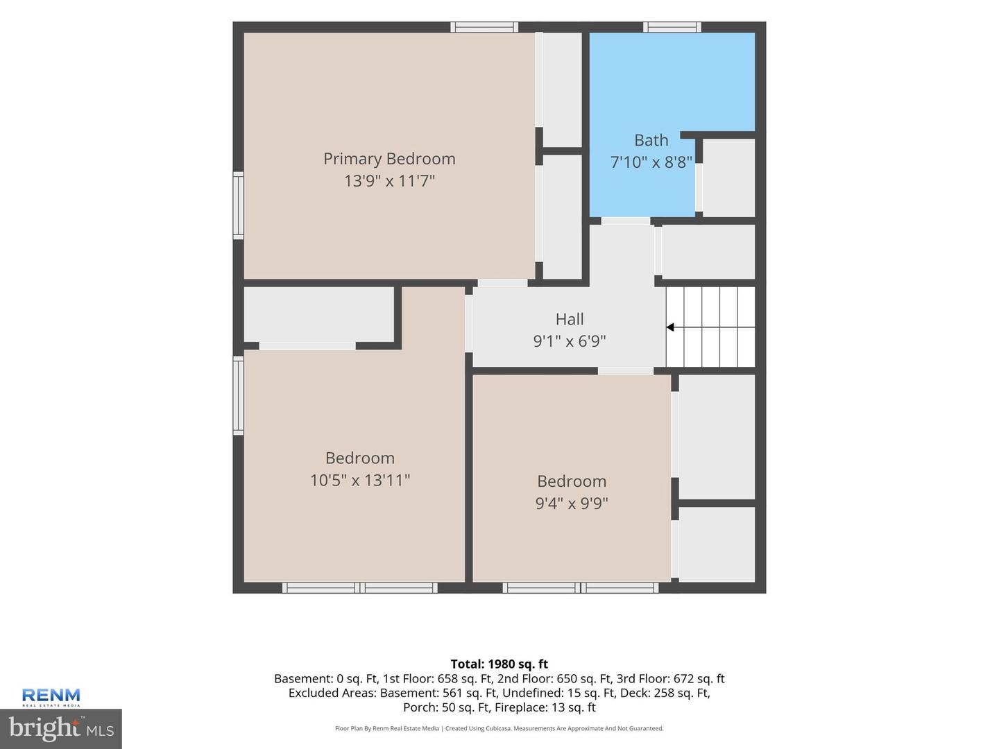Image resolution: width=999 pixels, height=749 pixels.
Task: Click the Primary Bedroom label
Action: point(389,159)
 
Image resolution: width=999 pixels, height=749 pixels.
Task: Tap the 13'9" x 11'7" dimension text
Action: point(389,181)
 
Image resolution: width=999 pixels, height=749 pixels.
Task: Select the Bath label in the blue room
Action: point(651,140)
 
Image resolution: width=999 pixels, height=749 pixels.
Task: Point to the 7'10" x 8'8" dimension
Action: point(651,162)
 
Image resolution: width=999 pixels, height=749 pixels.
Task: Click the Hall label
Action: point(570,319)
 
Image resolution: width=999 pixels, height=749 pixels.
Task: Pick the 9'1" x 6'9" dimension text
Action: point(570,341)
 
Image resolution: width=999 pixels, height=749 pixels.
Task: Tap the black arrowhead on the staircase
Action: point(670,327)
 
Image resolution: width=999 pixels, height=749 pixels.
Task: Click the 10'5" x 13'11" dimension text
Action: point(360,480)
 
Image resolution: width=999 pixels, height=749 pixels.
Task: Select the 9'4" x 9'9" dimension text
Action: point(572,503)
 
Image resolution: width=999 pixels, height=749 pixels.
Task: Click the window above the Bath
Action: point(672,27)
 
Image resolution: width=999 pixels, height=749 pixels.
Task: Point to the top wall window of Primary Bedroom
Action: point(484,27)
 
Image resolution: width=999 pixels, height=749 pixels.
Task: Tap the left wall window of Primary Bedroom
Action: point(238,205)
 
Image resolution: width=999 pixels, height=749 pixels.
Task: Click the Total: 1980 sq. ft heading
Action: point(499,664)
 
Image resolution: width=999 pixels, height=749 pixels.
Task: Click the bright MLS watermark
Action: point(61,728)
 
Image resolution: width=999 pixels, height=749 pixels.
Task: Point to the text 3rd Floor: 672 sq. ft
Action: point(670,678)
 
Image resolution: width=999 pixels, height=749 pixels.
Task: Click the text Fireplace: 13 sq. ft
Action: point(545,707)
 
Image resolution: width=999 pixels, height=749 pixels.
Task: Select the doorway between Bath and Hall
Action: point(625,221)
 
